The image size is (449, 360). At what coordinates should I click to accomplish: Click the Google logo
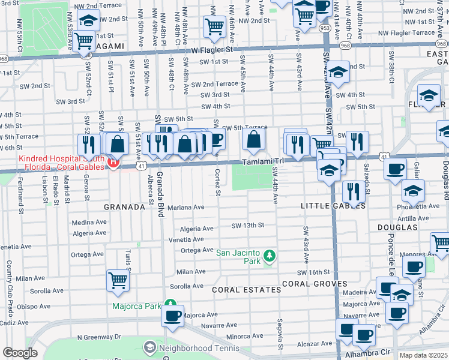[x=20, y=353]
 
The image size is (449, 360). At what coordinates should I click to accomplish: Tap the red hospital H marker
[x=112, y=162]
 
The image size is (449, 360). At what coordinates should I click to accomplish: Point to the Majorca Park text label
[x=137, y=306]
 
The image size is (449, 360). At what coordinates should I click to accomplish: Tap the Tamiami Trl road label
[x=262, y=161]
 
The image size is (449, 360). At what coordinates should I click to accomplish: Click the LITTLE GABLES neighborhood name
[x=333, y=205]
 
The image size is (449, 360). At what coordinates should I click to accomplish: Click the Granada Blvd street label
[x=160, y=194]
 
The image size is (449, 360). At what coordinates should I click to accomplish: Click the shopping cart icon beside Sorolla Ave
[x=118, y=280]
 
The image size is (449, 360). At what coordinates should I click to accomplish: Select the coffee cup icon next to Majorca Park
[x=173, y=316]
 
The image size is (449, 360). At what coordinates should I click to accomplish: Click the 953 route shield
[x=325, y=28]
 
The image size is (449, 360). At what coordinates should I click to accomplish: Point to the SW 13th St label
[x=248, y=226]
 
